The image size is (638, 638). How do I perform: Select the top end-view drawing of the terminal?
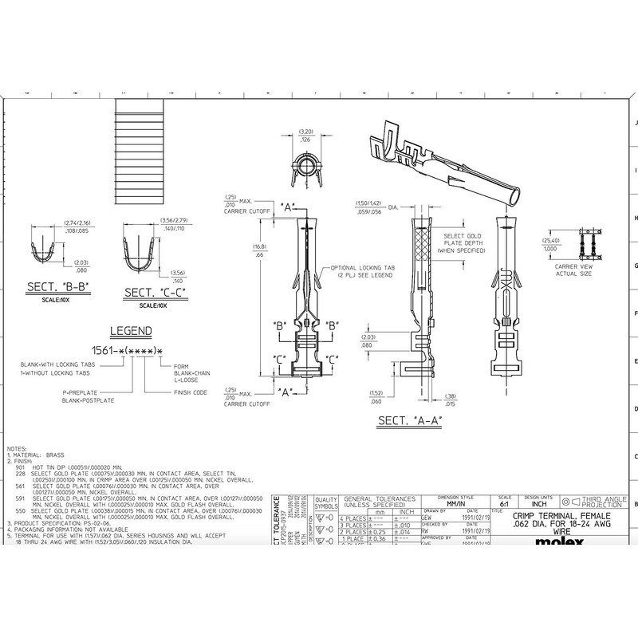305,162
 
